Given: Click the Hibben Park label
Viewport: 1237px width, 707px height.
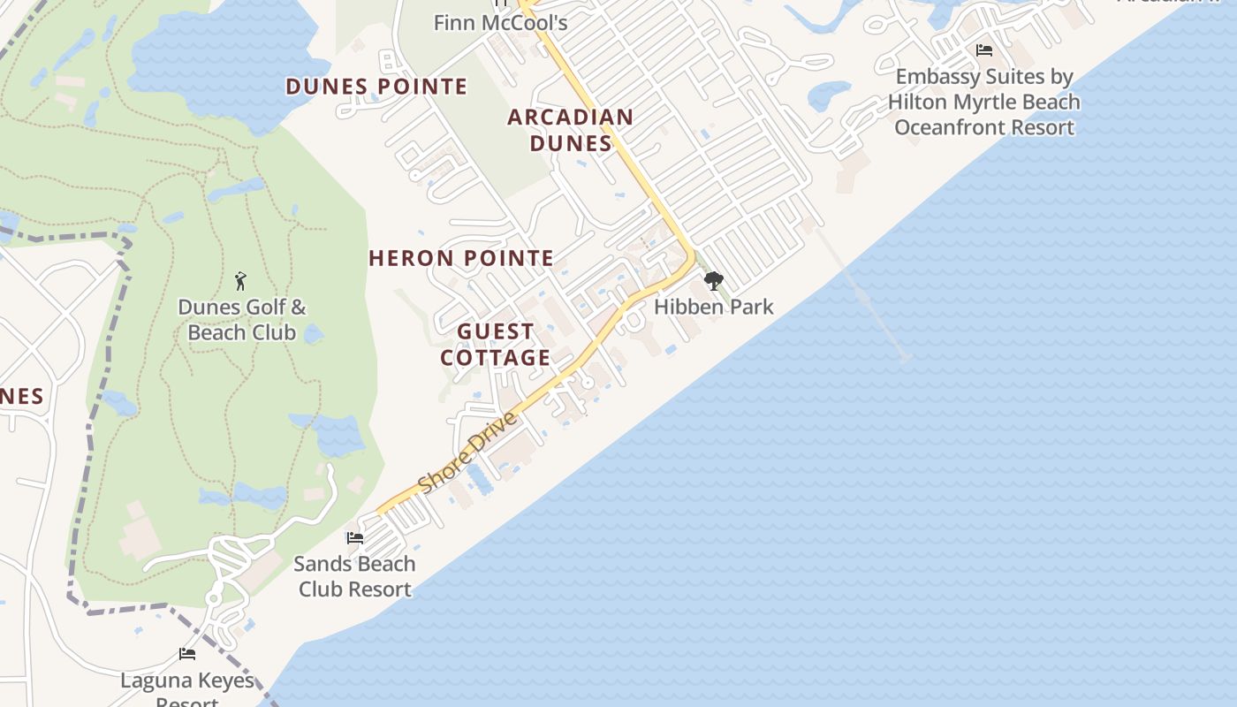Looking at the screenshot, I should [x=713, y=308].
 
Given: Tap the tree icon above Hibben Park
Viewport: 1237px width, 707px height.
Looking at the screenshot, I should [x=713, y=281].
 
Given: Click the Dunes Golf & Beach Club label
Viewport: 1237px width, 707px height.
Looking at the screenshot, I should [x=242, y=320].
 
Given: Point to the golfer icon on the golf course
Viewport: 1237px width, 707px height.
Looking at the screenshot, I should [x=241, y=281].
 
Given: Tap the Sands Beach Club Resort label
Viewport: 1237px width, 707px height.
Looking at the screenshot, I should [x=354, y=576].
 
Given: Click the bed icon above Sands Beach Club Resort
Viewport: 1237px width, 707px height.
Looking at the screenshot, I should [x=355, y=537].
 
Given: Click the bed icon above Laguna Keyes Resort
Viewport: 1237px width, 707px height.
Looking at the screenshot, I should [x=187, y=654].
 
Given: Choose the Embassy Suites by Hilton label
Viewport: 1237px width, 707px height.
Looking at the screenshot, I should [x=983, y=102].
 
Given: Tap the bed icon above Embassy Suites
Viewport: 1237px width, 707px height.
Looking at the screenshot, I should [x=984, y=50].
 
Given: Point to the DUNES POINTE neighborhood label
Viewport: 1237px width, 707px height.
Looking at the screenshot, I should [x=376, y=87].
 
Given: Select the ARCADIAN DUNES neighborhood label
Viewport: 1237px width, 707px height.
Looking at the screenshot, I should [x=571, y=130].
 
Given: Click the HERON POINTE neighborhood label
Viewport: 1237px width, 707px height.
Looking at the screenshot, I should [x=461, y=258].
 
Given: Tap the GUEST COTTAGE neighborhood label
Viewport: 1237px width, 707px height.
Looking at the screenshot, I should [x=496, y=345].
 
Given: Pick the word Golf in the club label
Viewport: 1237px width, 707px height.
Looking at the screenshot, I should [x=255, y=308].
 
